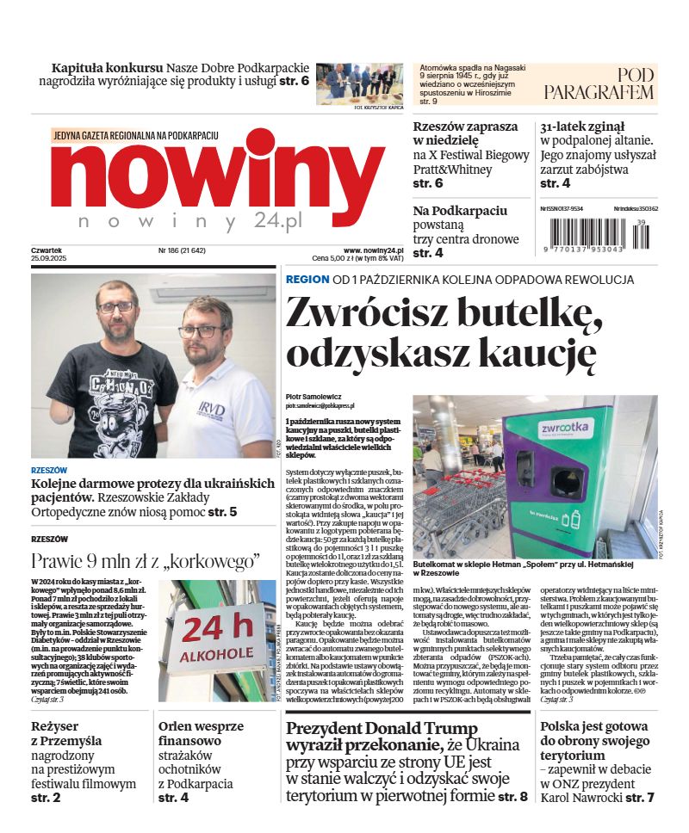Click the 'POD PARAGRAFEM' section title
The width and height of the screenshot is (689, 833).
599,83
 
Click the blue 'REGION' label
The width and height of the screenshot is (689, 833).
307,280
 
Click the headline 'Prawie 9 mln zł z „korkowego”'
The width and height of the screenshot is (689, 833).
146,561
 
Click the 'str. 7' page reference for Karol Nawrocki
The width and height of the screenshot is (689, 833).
640,798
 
